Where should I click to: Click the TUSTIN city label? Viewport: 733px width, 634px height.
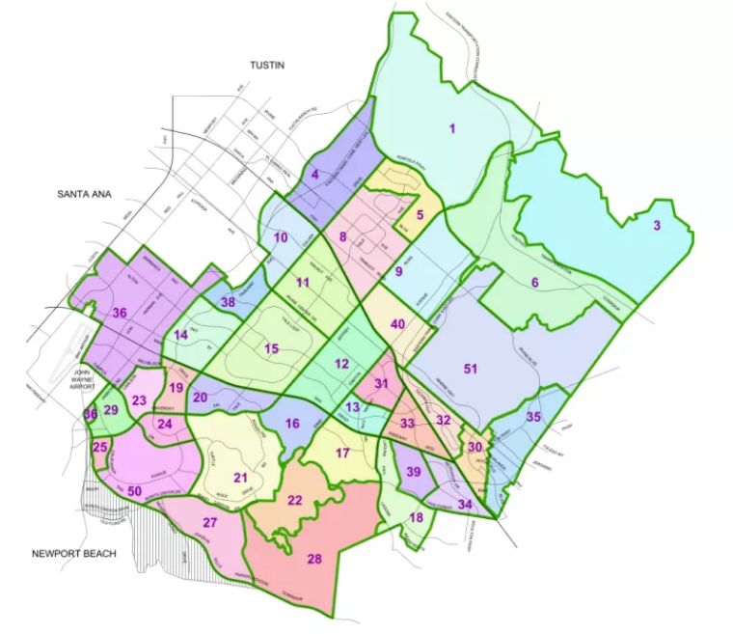click(270, 65)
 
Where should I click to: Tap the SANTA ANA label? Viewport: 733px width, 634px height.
click(85, 194)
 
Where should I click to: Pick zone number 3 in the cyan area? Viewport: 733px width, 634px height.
click(657, 226)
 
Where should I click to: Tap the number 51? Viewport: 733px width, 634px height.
click(471, 369)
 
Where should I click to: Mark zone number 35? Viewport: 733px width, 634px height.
click(533, 417)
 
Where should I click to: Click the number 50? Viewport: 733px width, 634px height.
click(135, 491)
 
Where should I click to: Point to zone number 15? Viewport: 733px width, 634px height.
click(272, 348)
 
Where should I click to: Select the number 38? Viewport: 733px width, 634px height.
click(229, 302)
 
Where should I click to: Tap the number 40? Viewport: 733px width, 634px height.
click(396, 324)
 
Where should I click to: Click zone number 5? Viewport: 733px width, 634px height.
click(421, 215)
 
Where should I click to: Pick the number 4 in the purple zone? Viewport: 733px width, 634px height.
click(314, 175)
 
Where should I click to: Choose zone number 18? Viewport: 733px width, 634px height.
click(417, 517)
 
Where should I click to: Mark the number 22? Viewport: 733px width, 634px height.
click(296, 499)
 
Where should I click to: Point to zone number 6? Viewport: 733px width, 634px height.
click(534, 282)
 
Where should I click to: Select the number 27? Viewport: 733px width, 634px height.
click(209, 523)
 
